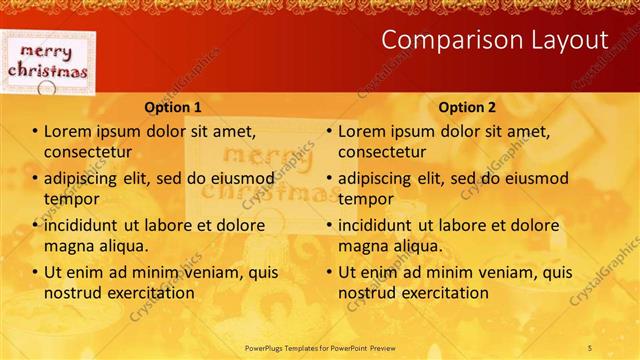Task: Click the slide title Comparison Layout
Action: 495,40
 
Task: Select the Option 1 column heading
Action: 173,107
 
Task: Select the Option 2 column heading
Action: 467,107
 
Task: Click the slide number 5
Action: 591,346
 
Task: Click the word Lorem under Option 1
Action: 68,131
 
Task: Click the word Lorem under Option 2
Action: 362,131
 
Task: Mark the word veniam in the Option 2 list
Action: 508,272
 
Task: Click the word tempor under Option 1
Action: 70,199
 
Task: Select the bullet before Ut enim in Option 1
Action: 35,272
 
